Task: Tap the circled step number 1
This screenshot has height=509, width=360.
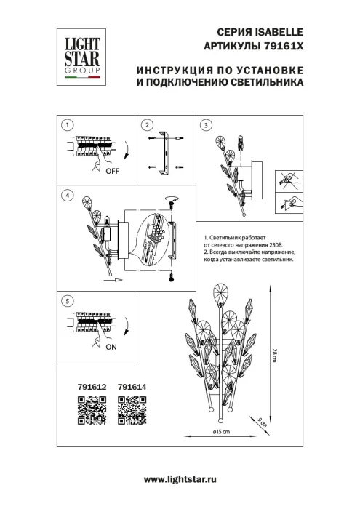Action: coord(67,125)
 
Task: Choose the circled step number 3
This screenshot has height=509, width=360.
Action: coord(206,125)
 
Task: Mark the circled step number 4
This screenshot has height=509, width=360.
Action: coord(67,195)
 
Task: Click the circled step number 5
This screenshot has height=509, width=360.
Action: coord(67,300)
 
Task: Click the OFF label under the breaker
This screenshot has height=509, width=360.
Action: coord(111,172)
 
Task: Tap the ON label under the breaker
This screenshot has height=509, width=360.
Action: coord(111,348)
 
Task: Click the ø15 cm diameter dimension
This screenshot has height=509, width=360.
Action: coord(212,432)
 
